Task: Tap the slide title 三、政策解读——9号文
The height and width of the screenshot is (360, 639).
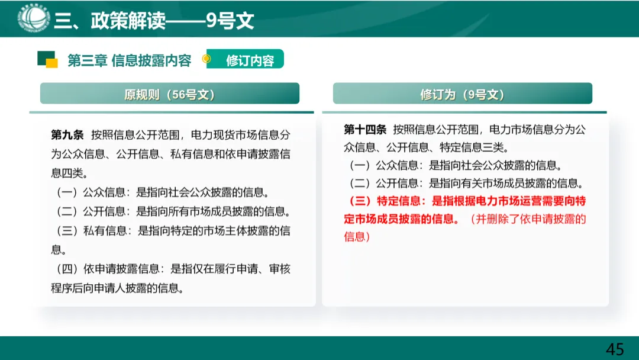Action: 154,21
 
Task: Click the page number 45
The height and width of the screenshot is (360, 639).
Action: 615,349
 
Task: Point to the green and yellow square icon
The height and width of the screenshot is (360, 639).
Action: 47,59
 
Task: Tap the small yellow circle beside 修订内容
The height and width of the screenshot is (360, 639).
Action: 206,59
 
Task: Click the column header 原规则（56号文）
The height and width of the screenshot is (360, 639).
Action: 170,95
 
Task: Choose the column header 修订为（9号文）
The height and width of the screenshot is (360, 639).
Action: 462,95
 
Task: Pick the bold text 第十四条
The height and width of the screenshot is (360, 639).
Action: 364,130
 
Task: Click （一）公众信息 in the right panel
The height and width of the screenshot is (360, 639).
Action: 385,165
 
